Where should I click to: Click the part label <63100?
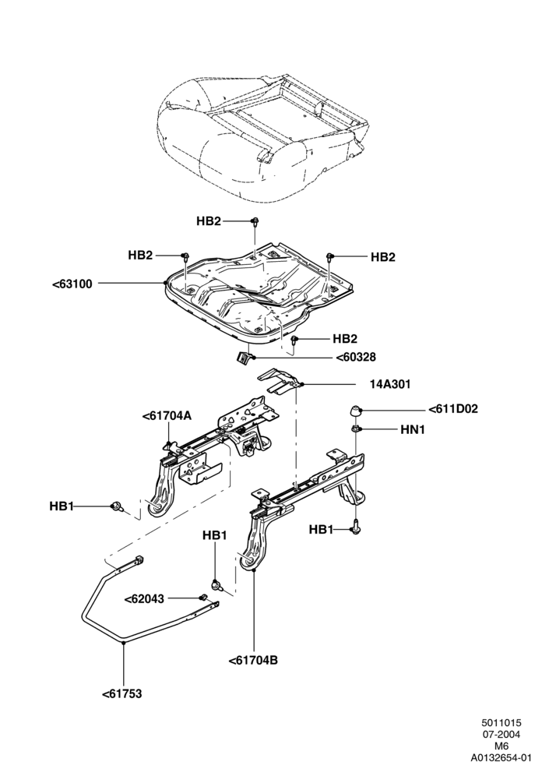pos(72,284)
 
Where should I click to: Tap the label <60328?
pos(356,357)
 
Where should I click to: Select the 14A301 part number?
pos(390,384)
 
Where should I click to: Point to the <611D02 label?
pos(453,409)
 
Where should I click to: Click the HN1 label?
pos(413,429)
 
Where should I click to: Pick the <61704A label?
pos(167,416)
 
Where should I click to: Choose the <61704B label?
pos(253,660)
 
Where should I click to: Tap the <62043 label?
pos(144,599)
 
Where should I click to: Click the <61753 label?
pos(122,694)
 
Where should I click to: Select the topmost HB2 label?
pos(209,221)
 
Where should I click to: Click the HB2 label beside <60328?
pos(345,338)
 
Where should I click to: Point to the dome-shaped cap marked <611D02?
pos(354,411)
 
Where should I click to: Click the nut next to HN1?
pos(355,429)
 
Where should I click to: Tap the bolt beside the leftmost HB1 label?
pos(118,506)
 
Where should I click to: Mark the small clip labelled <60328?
pos(243,358)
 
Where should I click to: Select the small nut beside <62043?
pos(202,596)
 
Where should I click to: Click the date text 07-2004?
pos(501,735)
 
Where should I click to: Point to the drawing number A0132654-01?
pos(501,757)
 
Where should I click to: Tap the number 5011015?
pos(502,724)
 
